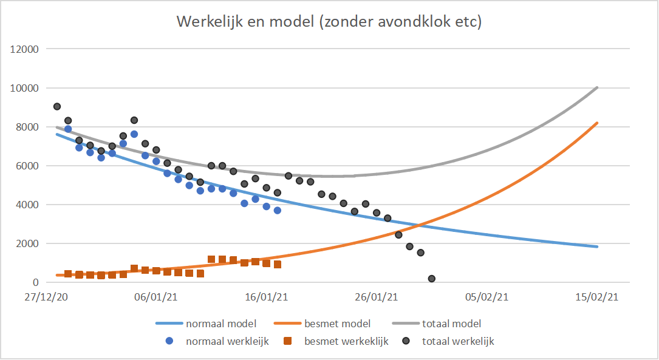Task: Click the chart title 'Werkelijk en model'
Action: (329, 22)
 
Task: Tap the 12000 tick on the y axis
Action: (25, 49)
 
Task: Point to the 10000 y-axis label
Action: (25, 88)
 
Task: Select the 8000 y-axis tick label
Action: (27, 127)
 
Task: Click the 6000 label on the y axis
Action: (27, 166)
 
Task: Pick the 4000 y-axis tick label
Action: (27, 205)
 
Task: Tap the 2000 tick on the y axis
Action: (27, 243)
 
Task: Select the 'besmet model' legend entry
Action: (337, 324)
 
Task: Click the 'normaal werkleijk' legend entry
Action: (227, 341)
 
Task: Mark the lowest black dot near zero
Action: (432, 279)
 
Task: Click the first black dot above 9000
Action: (57, 106)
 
